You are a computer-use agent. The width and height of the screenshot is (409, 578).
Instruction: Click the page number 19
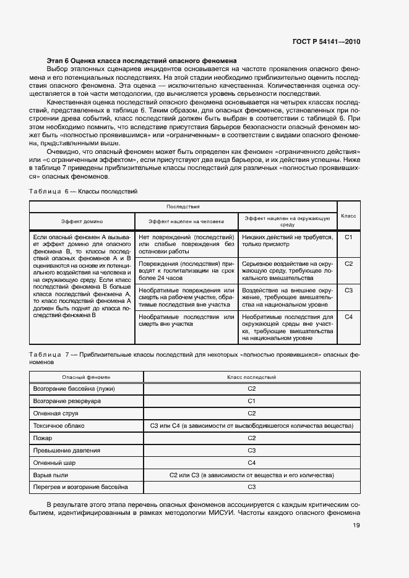tap(356, 525)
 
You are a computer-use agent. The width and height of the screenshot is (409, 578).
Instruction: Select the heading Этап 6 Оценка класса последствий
tap(142, 61)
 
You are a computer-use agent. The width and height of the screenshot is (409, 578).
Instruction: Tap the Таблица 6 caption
tap(83, 192)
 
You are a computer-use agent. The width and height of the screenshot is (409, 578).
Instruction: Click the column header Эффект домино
tap(82, 221)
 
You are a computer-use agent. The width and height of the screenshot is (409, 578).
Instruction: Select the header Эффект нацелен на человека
tap(186, 221)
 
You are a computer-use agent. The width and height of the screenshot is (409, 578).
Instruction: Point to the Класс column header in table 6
tap(348, 216)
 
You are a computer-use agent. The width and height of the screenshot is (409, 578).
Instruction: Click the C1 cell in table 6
tap(348, 237)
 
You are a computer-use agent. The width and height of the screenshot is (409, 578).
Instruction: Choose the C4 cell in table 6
tap(348, 317)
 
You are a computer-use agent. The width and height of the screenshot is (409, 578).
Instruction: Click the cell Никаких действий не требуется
tap(288, 240)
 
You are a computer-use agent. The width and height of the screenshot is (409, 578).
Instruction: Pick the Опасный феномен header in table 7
tap(86, 377)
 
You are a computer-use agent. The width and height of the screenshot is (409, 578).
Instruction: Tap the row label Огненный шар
tap(56, 463)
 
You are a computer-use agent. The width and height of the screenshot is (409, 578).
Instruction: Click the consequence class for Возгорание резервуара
tap(252, 401)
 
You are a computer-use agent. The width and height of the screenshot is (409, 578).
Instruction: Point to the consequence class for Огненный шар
tap(252, 463)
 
